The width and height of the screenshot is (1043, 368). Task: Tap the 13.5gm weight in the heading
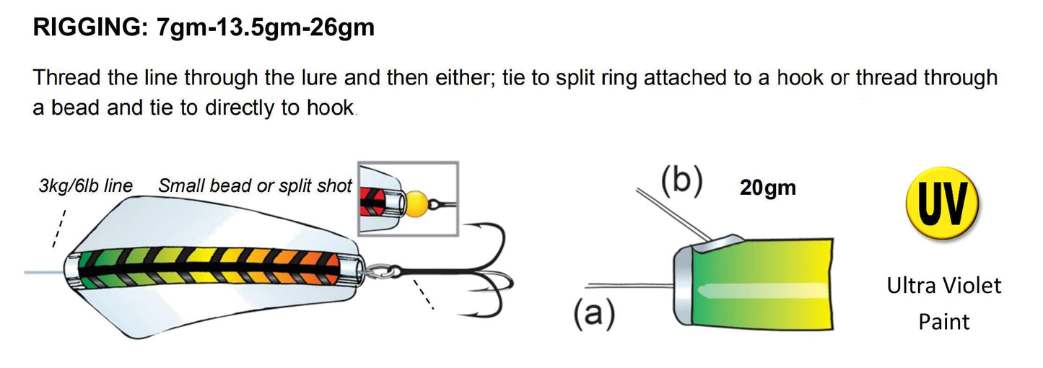point(261,28)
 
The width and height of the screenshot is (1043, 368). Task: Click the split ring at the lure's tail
point(375,272)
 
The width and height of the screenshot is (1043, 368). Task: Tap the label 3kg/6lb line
point(85,186)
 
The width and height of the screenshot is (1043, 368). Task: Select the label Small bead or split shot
point(255,186)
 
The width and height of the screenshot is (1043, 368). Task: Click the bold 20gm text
point(767,188)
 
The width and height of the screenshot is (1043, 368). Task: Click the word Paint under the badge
point(943,321)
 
